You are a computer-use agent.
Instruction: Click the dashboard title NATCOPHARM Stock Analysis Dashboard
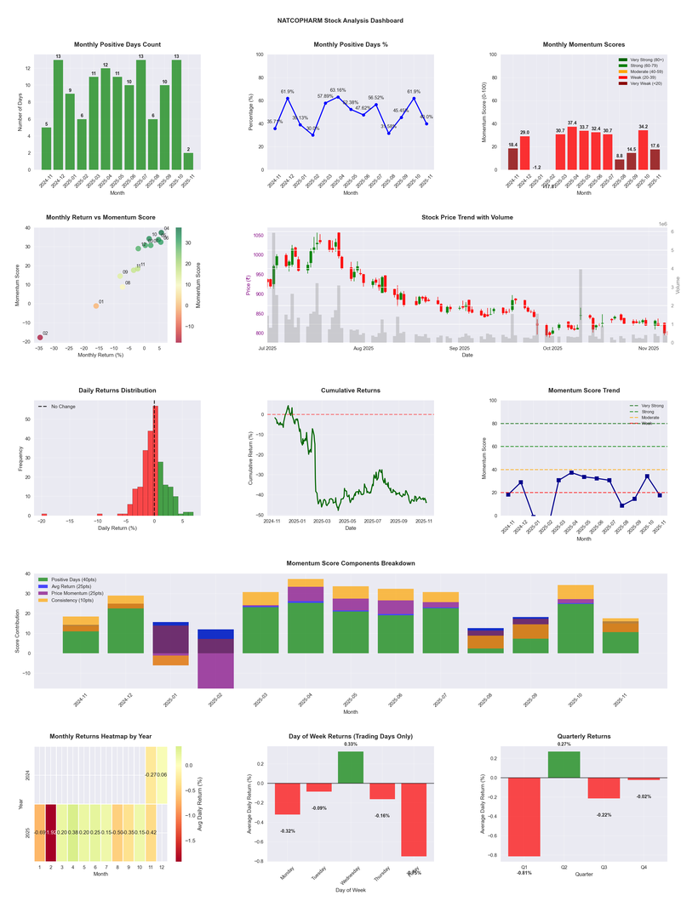[340, 20]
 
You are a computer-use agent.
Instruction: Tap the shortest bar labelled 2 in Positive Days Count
[188, 161]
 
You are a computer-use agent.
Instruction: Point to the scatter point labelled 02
[39, 338]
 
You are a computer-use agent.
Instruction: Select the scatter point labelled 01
[95, 305]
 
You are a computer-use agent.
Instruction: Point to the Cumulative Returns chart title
[351, 391]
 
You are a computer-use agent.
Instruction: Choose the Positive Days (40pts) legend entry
[84, 579]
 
